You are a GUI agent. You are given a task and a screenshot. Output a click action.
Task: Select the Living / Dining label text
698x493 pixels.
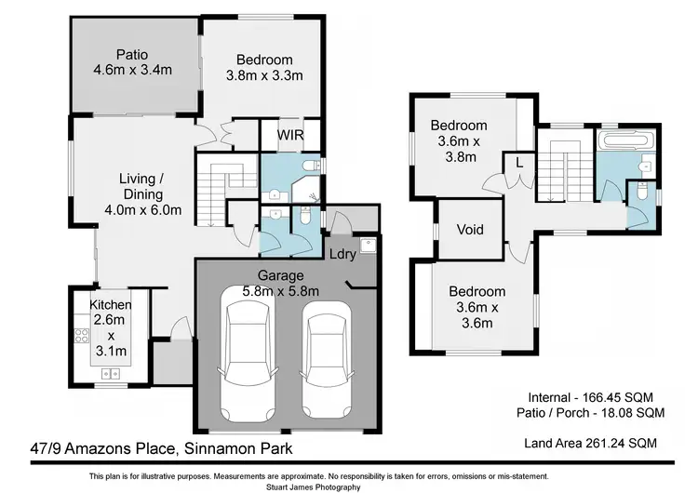tap(141, 187)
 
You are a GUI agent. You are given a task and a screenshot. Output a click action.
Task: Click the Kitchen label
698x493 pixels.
tap(110, 305)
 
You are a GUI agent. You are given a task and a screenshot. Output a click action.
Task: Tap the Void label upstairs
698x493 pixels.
tap(470, 229)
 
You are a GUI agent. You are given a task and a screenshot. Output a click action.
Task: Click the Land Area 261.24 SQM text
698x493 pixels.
tap(592, 443)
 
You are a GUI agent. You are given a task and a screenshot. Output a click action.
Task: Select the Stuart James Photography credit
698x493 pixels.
tap(349, 486)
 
